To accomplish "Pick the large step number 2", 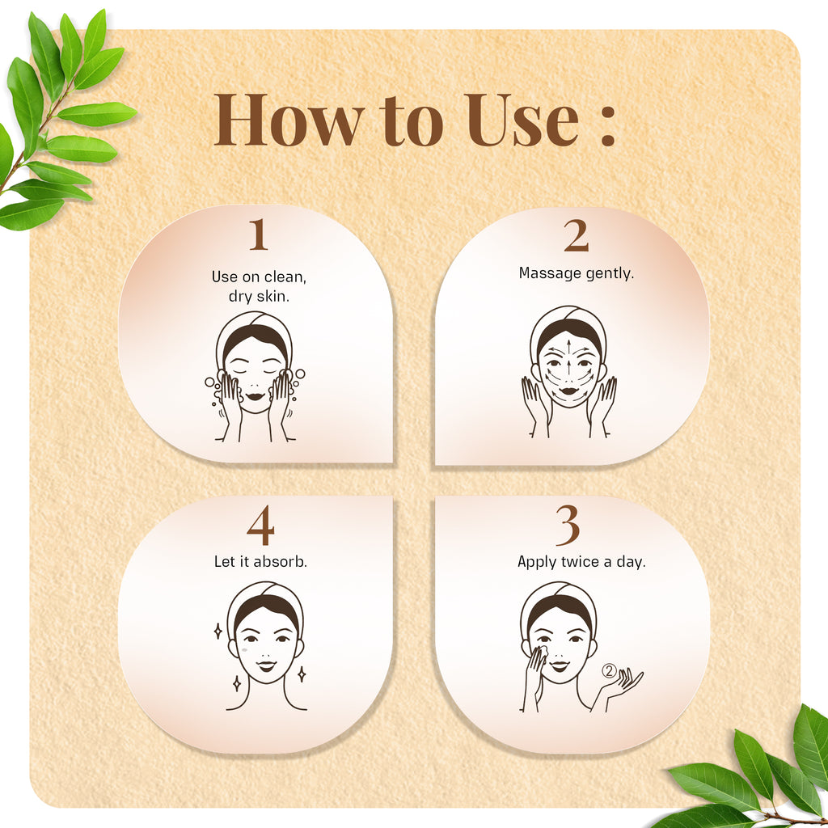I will tap(576, 236).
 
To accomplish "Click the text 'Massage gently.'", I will tap(576, 273).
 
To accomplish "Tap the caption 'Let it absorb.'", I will tap(260, 560).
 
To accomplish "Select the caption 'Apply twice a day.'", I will tap(581, 561).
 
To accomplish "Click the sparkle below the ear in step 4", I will tap(302, 673).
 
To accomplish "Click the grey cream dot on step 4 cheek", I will tap(243, 649).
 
